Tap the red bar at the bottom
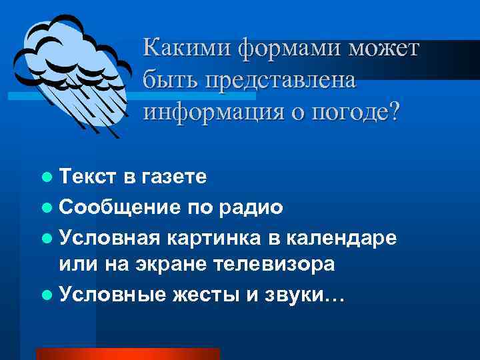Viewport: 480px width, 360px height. [x=127, y=354]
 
